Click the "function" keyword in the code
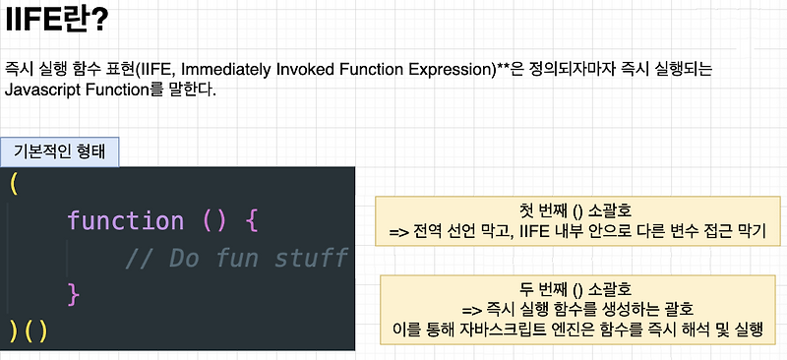(x=125, y=220)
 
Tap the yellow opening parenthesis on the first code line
(x=13, y=184)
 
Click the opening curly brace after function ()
(x=250, y=220)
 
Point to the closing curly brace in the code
(x=72, y=292)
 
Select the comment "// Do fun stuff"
(x=236, y=257)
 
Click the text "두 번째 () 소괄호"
(x=575, y=289)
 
